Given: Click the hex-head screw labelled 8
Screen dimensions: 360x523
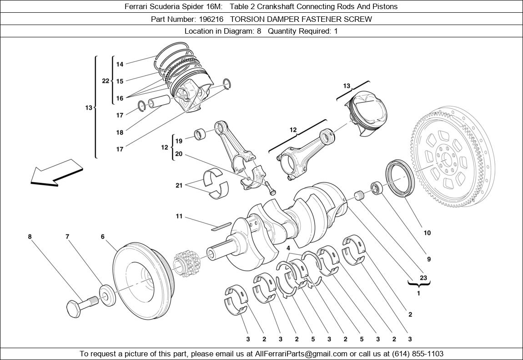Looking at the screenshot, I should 81,305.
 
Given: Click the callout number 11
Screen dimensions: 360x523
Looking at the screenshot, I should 179,216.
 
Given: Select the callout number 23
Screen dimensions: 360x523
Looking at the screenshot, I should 423,278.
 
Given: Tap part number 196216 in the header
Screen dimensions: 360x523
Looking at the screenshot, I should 211,19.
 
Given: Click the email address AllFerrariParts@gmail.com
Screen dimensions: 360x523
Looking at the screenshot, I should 301,354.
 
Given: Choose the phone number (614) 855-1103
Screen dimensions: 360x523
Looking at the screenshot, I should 415,354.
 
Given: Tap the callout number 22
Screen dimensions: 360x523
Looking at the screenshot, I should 106,81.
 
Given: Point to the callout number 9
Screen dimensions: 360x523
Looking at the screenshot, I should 428,259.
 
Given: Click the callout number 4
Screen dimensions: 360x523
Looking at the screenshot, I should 288,248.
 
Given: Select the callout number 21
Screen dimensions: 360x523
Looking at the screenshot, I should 179,185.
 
